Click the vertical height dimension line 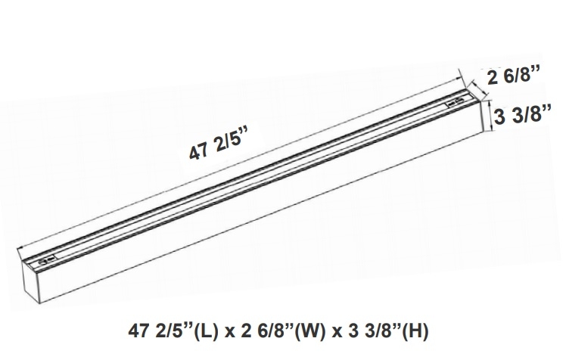[490, 117]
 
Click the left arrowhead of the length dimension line [20, 247]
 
